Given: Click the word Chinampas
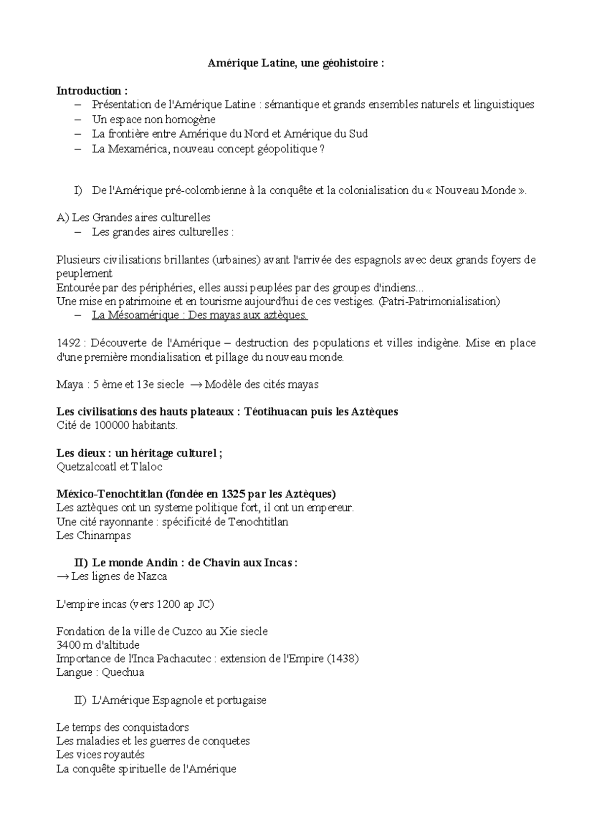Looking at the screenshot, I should coord(104,535).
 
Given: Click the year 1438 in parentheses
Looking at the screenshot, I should coord(343,659).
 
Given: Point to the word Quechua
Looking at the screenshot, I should coord(123,672).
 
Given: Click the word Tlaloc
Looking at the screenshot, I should coord(147,466).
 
